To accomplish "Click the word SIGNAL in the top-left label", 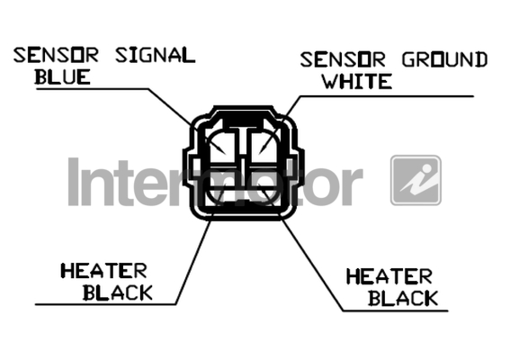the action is (x=155, y=55).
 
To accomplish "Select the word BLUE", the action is (x=62, y=77).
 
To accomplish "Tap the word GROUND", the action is (x=444, y=59).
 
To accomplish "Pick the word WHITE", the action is (x=357, y=81).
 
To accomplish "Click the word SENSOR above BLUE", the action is (x=56, y=55).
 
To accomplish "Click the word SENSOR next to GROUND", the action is (x=343, y=59).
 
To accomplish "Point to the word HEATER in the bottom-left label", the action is (x=103, y=271).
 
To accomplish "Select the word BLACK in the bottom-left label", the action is (x=118, y=292).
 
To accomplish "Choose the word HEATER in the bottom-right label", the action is (x=389, y=276).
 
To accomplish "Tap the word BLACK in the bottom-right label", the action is (x=403, y=298).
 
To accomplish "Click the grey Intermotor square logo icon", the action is (x=416, y=180).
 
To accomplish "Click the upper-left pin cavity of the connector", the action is (x=222, y=148).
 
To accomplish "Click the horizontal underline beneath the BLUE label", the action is (x=93, y=88).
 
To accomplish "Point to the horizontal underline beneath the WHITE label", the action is (x=387, y=96).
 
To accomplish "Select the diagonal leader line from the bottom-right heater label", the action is (x=312, y=265).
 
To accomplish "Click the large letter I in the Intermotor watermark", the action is (x=74, y=182).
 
